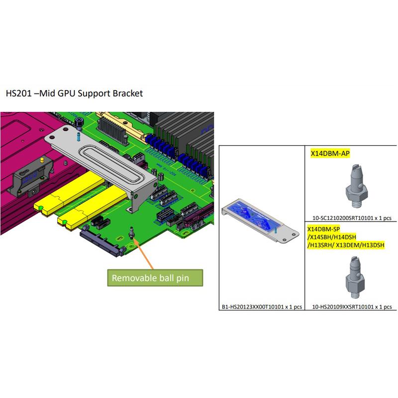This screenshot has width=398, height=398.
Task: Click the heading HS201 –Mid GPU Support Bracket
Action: click(x=74, y=93)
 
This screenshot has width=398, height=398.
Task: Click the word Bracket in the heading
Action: click(x=128, y=93)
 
